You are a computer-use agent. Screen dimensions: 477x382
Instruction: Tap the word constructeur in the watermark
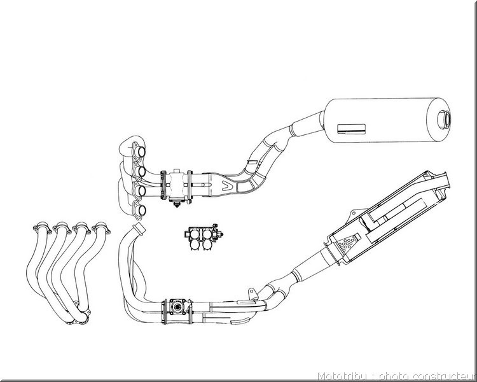(x=445, y=376)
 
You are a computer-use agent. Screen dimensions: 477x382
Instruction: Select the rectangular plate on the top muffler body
(x=351, y=129)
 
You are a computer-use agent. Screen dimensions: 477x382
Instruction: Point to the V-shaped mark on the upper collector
(x=227, y=185)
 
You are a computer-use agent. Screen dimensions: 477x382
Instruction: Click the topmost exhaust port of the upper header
(x=141, y=152)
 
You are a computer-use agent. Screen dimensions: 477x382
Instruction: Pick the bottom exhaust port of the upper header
(x=141, y=210)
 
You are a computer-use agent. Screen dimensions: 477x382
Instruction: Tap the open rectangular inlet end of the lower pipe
(x=139, y=228)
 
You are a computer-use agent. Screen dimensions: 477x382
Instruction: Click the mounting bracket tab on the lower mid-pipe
(x=252, y=293)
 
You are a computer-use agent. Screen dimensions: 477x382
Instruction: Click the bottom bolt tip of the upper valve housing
(x=176, y=206)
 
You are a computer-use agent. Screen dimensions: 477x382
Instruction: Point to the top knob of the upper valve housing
(x=177, y=171)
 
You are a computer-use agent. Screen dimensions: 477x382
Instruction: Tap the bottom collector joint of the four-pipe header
(x=79, y=317)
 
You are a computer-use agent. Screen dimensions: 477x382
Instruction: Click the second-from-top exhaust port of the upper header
(x=141, y=171)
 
